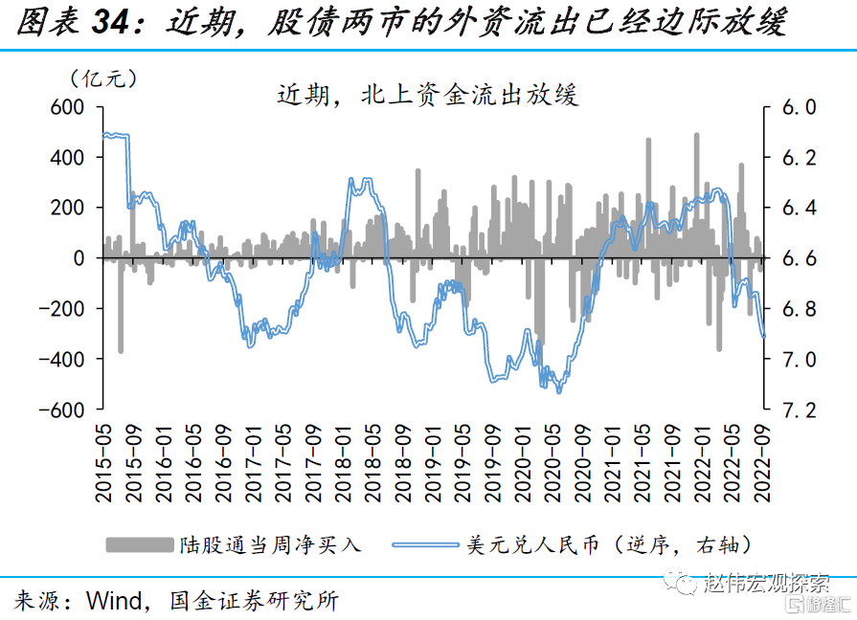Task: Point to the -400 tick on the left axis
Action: [x=59, y=359]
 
